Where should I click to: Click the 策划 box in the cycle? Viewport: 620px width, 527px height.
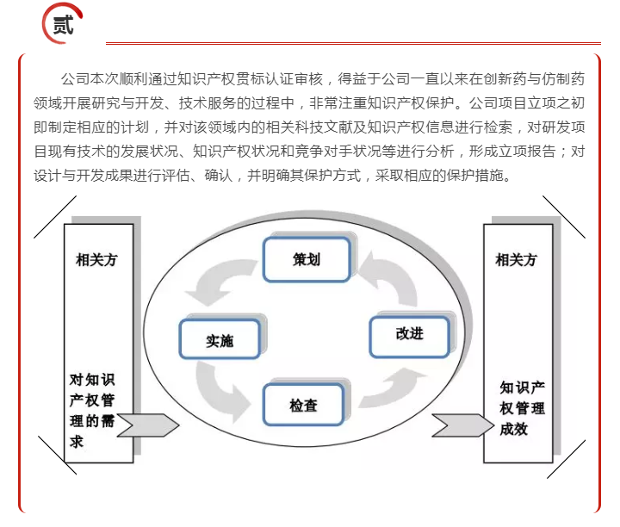307,259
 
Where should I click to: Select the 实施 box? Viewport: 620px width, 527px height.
220,339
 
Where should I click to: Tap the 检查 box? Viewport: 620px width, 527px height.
303,405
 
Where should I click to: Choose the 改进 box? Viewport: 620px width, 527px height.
409,337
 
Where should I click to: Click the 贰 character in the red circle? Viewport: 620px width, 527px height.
63,24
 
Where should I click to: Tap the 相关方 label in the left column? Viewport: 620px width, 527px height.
96,260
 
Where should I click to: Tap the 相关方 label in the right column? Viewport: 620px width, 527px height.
516,260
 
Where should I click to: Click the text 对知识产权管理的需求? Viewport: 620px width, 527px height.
92,411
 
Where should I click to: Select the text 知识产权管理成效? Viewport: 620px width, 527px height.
522,408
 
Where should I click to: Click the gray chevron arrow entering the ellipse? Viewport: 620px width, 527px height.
148,425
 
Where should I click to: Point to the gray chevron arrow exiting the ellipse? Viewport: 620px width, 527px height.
462,425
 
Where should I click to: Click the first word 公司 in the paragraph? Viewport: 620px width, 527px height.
75,79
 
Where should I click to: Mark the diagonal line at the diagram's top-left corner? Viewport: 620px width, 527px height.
55,217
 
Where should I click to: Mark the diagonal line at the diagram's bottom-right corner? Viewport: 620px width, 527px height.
567,459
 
